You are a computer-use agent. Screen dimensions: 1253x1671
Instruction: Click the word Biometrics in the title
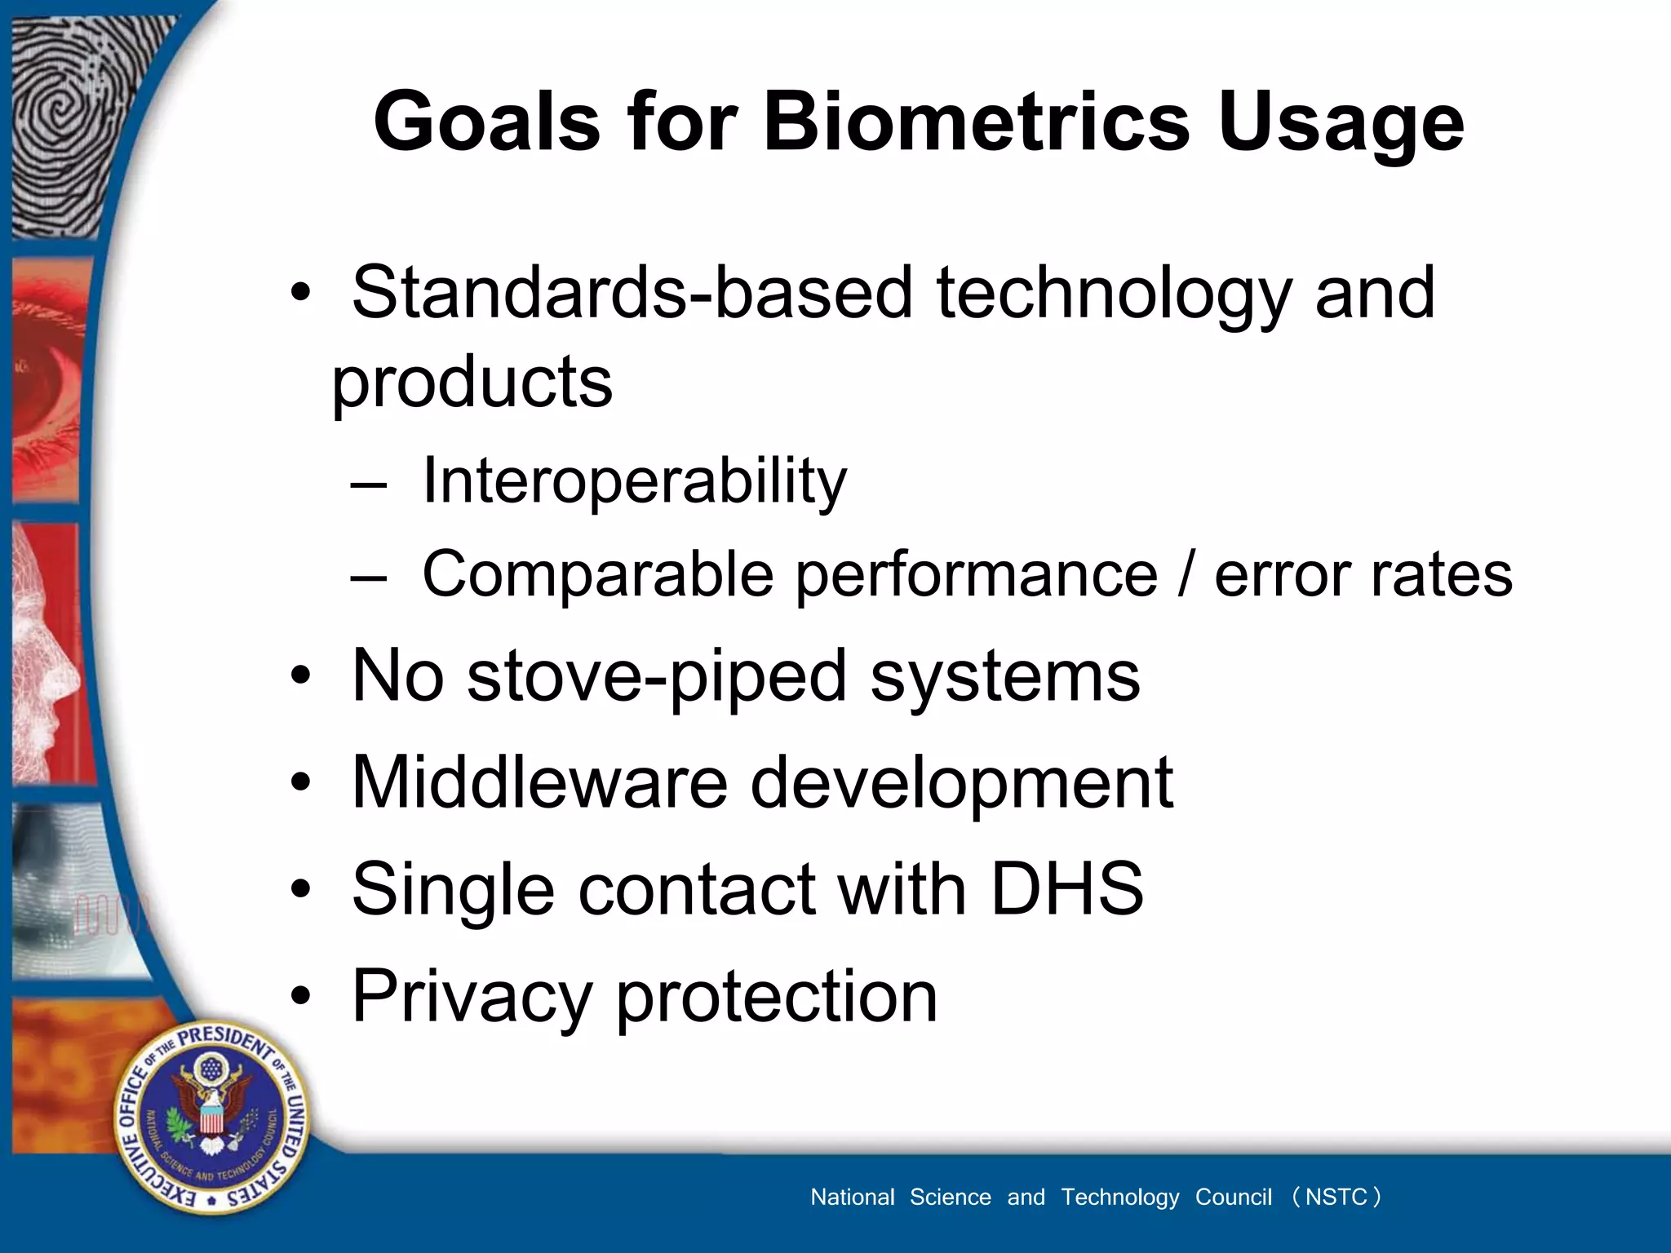(976, 122)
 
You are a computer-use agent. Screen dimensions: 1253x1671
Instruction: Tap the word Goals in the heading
(486, 122)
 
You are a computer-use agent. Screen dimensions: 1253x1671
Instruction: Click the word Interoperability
(634, 481)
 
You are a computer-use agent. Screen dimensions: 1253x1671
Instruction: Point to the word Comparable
(597, 574)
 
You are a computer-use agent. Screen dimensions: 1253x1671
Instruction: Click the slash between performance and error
(1186, 574)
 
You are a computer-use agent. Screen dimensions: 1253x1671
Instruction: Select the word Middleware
(539, 782)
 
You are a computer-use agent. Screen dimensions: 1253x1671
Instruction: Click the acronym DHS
(1066, 889)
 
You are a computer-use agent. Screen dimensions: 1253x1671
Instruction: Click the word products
(472, 383)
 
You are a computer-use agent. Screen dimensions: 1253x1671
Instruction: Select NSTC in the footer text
(1336, 1197)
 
